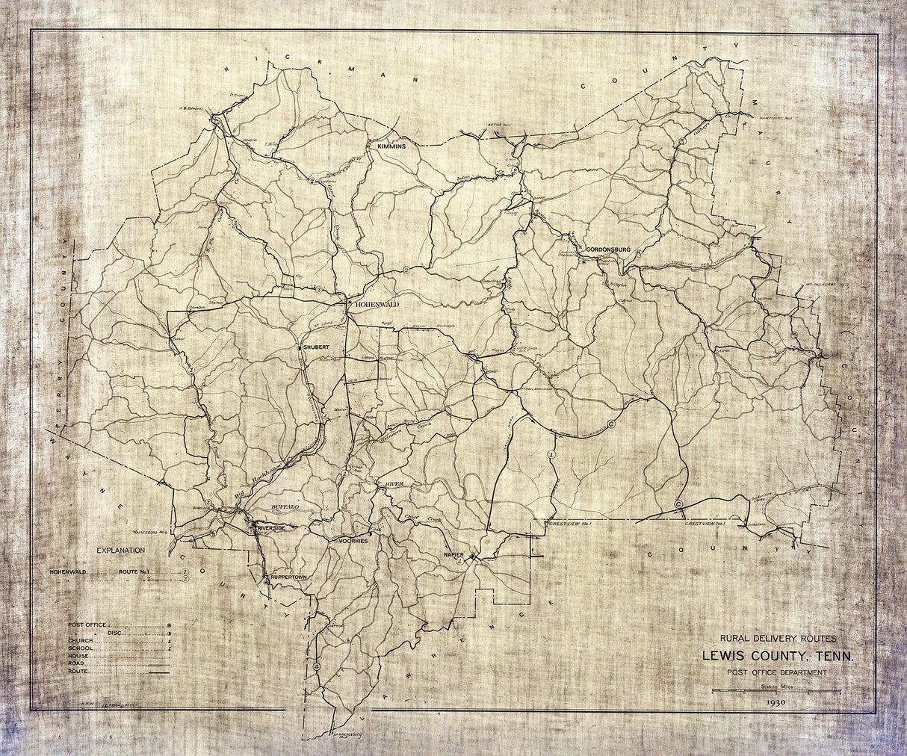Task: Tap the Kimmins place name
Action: pos(391,147)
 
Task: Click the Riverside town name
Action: pos(274,528)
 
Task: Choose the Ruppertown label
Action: pos(290,578)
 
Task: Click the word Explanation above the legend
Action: pos(121,550)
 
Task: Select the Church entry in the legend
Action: pos(81,641)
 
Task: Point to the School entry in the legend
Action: pos(81,648)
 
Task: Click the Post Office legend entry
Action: pos(88,624)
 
